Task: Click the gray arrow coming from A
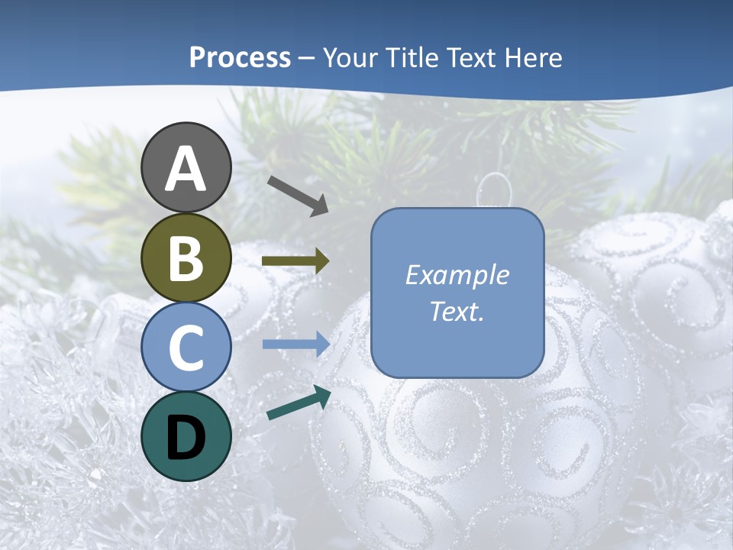(298, 195)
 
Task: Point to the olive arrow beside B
(295, 261)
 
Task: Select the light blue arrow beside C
(295, 345)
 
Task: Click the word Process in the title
(240, 57)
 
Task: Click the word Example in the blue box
(457, 275)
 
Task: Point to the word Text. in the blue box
(457, 311)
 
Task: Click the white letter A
(186, 169)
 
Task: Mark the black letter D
(186, 437)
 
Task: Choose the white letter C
(186, 348)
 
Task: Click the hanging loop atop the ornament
(495, 188)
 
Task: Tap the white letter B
(186, 258)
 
